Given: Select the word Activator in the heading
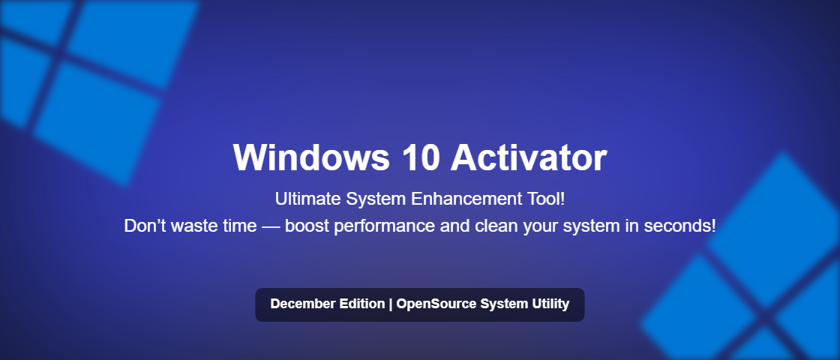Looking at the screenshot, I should (x=529, y=157).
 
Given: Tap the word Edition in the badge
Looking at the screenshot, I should (x=361, y=304).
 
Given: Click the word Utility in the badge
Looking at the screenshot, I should (x=549, y=304).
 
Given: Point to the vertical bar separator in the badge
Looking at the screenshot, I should (x=390, y=304).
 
